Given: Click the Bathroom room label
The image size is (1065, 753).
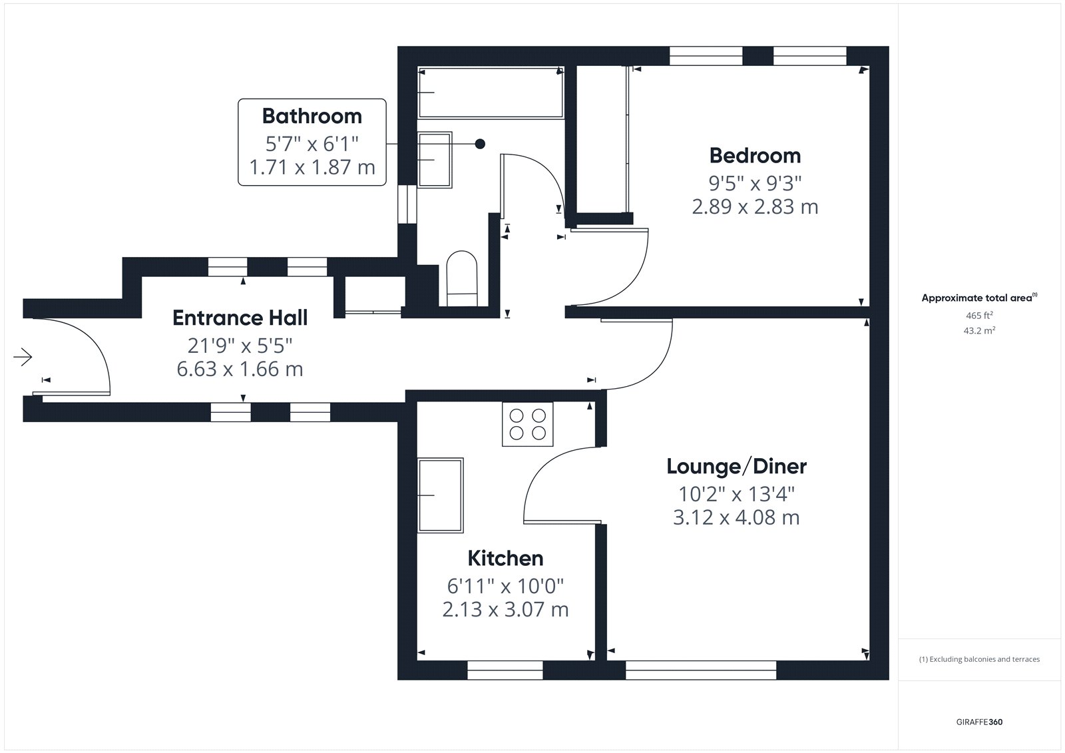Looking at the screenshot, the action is [312, 116].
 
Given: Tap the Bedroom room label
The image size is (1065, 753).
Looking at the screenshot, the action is [755, 156].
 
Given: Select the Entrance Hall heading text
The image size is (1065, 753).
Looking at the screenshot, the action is [240, 318].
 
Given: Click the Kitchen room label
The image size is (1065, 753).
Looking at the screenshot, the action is [505, 558].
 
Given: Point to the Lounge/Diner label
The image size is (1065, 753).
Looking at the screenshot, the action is [736, 466].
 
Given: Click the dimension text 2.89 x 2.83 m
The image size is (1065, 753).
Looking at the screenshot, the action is [755, 207].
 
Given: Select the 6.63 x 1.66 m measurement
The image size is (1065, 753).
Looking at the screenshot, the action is [240, 369].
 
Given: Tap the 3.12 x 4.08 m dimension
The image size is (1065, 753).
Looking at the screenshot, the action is [736, 517].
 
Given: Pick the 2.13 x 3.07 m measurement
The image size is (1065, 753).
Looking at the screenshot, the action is [505, 609].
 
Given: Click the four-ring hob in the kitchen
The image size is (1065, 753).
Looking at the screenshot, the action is [528, 424].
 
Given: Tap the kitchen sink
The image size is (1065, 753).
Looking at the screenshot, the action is [440, 495].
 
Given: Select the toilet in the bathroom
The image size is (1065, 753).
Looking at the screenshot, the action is [462, 279].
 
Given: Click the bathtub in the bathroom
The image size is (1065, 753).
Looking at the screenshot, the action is [491, 93].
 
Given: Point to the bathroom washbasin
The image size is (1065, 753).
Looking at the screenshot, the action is [435, 160].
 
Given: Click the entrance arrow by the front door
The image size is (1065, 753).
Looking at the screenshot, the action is [23, 357].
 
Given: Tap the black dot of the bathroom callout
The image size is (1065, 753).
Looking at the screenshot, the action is [480, 144].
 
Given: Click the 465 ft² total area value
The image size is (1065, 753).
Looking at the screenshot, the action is [979, 316].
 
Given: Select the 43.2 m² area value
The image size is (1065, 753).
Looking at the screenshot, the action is [979, 331].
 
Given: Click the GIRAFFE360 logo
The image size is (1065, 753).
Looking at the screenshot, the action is [979, 722].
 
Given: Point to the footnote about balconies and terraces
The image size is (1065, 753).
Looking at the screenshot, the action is [979, 659].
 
